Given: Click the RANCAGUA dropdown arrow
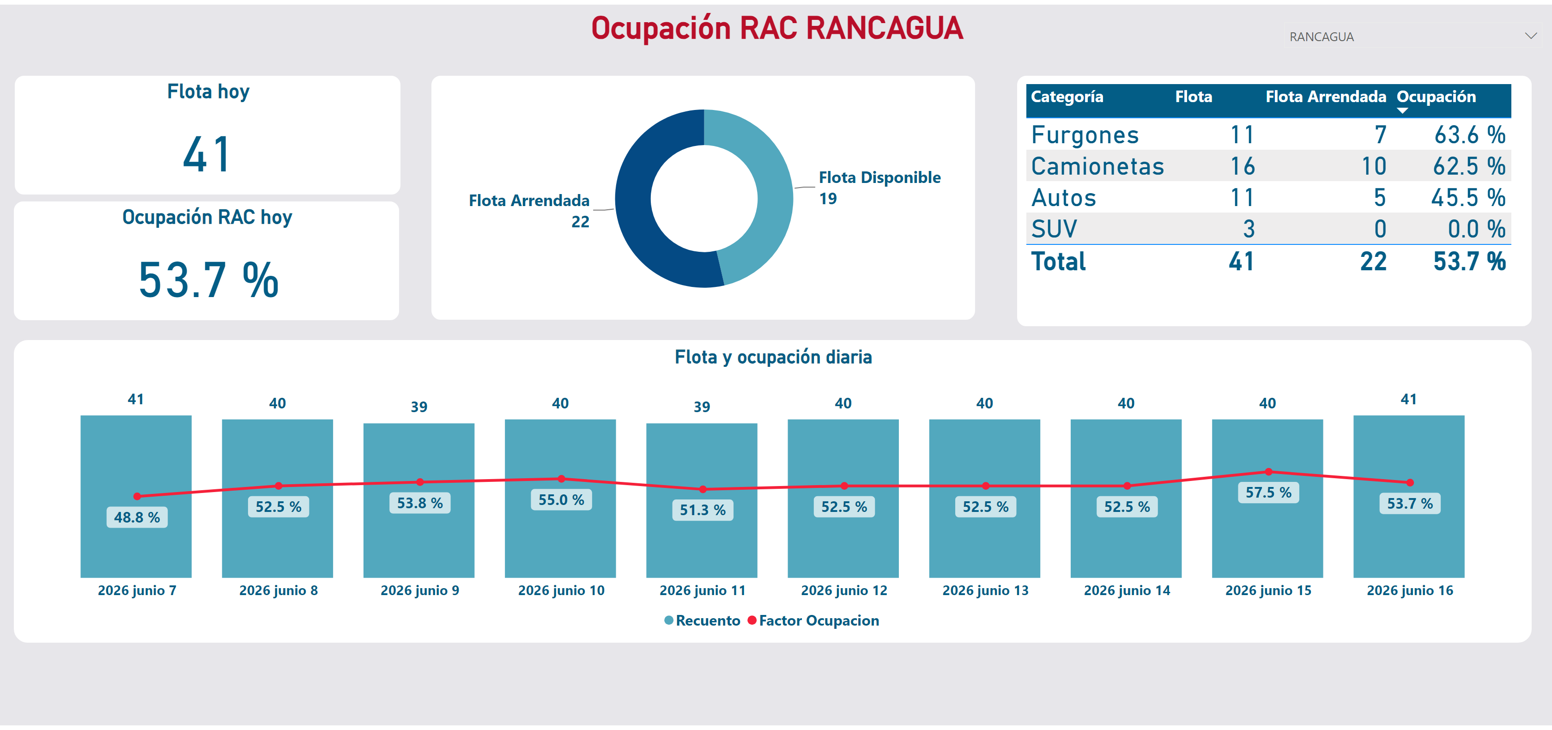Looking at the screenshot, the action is [x=1531, y=36].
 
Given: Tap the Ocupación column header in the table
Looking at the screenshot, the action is [x=1436, y=97].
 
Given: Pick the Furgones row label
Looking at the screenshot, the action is [x=1085, y=135].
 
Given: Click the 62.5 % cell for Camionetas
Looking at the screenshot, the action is [x=1469, y=166].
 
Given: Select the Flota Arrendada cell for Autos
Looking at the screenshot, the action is [x=1380, y=198].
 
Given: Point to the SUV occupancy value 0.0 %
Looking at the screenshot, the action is [x=1476, y=229].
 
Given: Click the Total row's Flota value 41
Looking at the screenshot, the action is [x=1241, y=262].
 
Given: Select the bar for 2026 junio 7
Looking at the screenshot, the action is [x=136, y=496].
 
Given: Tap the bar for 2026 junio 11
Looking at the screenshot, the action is [x=702, y=500].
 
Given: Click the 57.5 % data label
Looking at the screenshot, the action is [x=1268, y=493].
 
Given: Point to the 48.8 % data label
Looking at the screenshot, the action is [x=137, y=517].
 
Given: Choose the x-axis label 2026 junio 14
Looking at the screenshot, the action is [x=1127, y=590].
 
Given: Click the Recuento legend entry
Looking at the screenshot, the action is [x=702, y=620].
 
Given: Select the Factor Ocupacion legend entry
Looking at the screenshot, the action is [x=813, y=620].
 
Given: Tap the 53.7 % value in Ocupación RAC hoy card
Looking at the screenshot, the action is [x=208, y=280].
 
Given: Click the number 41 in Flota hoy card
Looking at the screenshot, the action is [x=206, y=154].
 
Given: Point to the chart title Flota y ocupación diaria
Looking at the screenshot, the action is [x=773, y=357].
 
